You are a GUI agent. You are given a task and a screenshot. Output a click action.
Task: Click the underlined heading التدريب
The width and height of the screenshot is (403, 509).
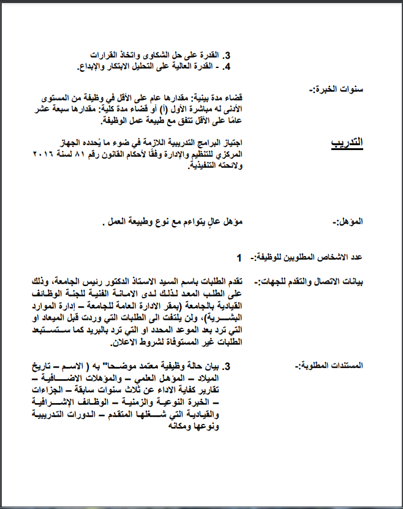347,143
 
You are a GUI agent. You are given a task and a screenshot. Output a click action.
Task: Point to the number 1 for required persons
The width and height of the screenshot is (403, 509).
239,257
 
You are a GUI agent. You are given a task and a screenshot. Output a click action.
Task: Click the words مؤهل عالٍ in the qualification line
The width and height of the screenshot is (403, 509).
208,221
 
